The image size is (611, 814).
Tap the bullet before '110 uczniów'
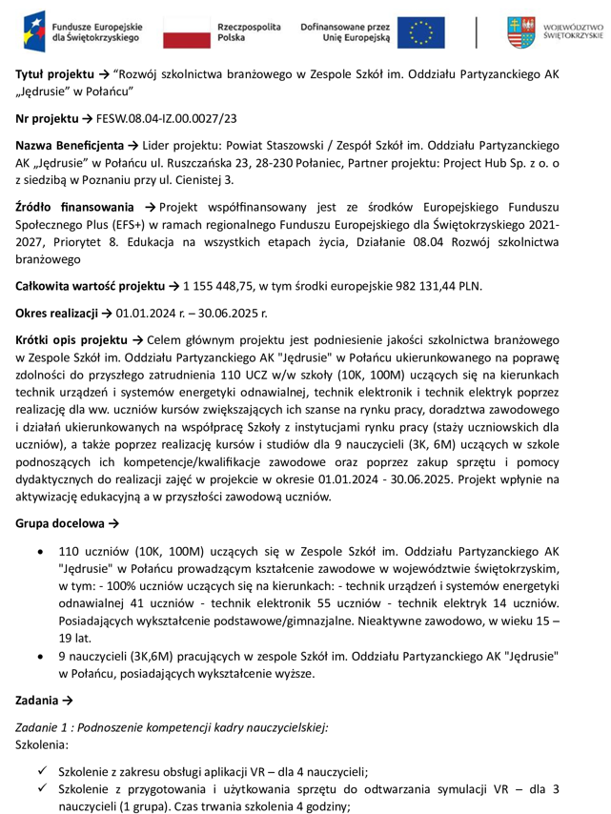point(38,552)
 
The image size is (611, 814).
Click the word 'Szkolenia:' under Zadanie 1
point(43,743)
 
